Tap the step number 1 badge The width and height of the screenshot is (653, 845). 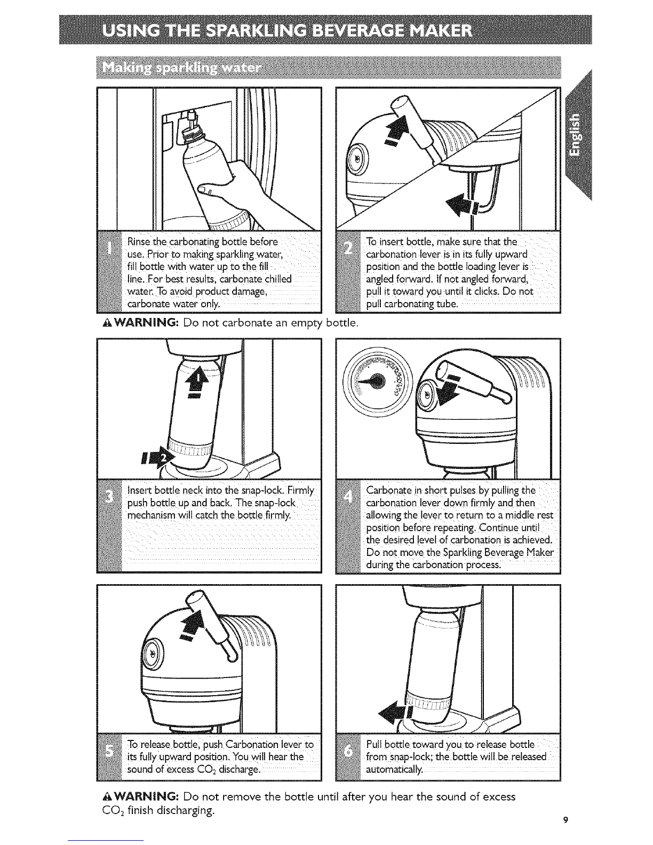click(110, 247)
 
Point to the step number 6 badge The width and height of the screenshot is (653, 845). click(349, 751)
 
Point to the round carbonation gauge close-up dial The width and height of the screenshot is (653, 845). click(377, 380)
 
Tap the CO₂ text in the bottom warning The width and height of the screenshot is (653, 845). click(108, 811)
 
